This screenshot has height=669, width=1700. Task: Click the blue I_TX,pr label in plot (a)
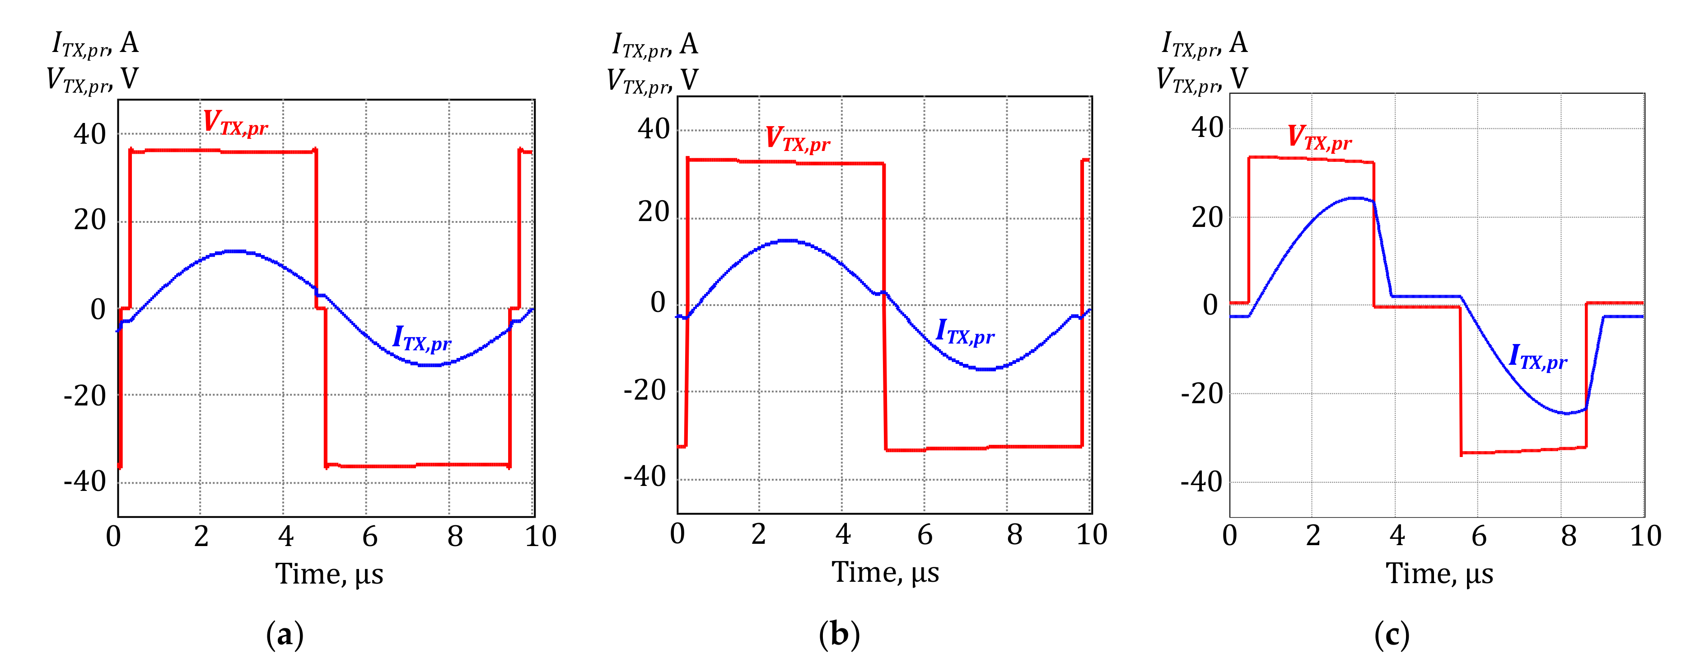click(422, 339)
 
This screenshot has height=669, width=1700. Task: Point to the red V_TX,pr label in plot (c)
click(1320, 138)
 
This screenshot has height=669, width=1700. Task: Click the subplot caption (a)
click(285, 635)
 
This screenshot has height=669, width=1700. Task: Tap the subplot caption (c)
click(1392, 635)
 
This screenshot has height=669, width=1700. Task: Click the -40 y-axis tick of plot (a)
click(84, 481)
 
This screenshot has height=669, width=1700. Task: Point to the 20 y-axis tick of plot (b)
click(654, 212)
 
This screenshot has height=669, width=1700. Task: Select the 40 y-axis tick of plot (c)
click(1207, 127)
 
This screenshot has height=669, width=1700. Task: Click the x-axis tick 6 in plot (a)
click(369, 536)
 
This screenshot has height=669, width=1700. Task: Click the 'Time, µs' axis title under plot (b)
click(885, 572)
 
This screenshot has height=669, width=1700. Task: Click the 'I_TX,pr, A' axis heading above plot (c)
click(1205, 43)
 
